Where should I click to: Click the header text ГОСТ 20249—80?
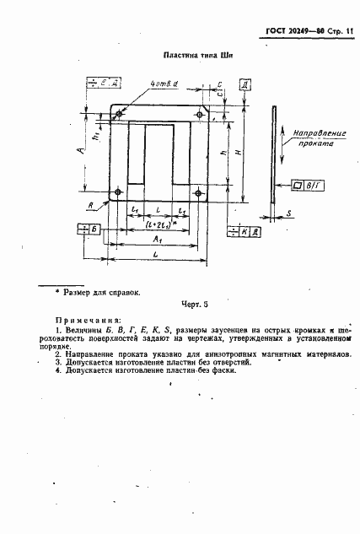click(x=287, y=33)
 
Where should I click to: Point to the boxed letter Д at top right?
click(x=244, y=86)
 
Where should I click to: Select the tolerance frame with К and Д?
click(x=244, y=230)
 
